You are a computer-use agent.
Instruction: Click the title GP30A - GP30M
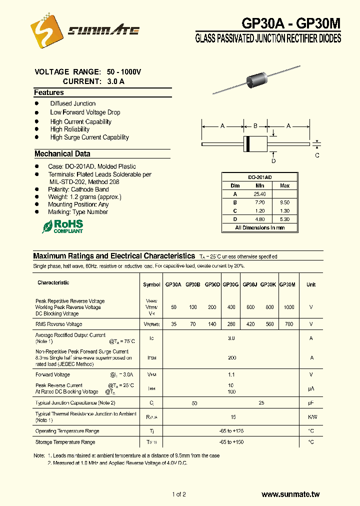click(284, 23)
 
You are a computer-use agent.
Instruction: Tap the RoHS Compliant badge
click(62, 226)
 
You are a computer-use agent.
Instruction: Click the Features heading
click(49, 92)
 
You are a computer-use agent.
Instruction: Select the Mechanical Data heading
click(62, 154)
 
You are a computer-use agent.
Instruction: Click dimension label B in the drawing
click(255, 126)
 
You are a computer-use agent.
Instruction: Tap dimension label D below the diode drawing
click(273, 161)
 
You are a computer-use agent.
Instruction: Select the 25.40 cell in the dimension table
click(259, 194)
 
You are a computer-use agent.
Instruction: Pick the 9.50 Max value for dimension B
click(284, 202)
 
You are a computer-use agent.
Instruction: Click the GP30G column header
click(230, 284)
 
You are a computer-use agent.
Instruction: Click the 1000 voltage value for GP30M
click(288, 307)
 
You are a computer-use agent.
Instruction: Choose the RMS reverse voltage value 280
click(231, 324)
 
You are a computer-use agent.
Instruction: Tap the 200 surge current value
click(231, 358)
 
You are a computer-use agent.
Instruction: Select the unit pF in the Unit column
click(311, 402)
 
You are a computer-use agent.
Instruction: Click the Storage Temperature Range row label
click(65, 442)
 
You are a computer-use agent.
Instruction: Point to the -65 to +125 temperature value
click(231, 431)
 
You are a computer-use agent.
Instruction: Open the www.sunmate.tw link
click(290, 494)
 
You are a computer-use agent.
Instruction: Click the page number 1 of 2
click(179, 494)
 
